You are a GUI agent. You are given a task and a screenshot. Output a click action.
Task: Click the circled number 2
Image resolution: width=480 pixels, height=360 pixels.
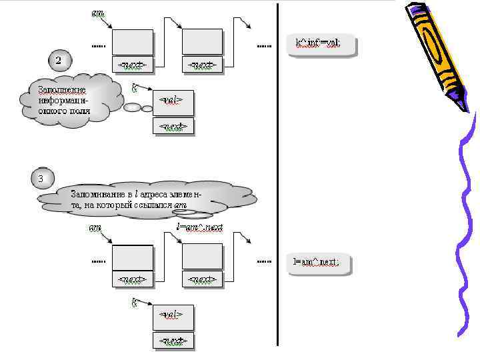point(59,61)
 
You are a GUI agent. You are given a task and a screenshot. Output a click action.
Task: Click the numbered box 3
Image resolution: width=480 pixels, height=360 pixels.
point(41,179)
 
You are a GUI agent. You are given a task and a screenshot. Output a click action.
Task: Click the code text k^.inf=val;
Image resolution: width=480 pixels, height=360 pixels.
point(318,43)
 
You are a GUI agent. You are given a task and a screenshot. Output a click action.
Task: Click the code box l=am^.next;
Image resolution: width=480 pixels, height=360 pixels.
point(317,262)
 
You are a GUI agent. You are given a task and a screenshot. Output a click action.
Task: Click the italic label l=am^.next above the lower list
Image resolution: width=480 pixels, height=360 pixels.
point(199,228)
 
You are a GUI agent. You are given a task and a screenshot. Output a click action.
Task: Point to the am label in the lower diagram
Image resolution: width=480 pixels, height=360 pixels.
point(95,229)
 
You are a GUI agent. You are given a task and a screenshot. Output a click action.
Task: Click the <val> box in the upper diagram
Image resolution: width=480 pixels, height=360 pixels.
point(173,99)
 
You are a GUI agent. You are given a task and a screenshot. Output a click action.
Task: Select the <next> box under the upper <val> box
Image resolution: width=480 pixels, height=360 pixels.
point(173,126)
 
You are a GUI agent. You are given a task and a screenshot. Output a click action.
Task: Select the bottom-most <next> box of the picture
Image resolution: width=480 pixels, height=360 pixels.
point(173,341)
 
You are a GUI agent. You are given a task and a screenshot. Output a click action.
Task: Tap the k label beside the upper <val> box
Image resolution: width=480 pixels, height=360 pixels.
point(135,87)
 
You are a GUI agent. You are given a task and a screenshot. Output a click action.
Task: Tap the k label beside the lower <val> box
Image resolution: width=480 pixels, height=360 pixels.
point(135,303)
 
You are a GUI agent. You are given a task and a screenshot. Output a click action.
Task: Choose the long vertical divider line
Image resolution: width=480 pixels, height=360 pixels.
point(277,173)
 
